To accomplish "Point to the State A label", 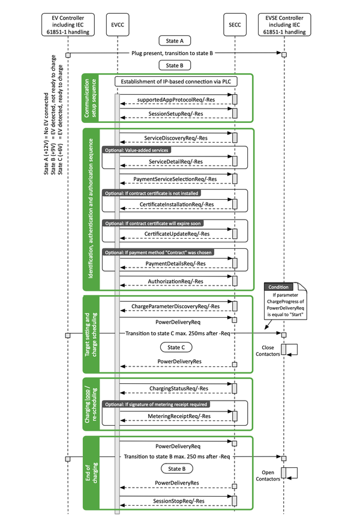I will (175, 41).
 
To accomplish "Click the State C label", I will (175, 347).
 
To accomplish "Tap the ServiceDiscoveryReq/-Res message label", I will (174, 137).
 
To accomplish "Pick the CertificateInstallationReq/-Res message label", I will (174, 205).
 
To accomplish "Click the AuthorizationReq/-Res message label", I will (174, 280).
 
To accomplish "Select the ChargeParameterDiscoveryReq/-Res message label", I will (175, 306).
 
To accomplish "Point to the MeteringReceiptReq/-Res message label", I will (174, 415).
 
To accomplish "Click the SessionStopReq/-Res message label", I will (174, 500).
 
